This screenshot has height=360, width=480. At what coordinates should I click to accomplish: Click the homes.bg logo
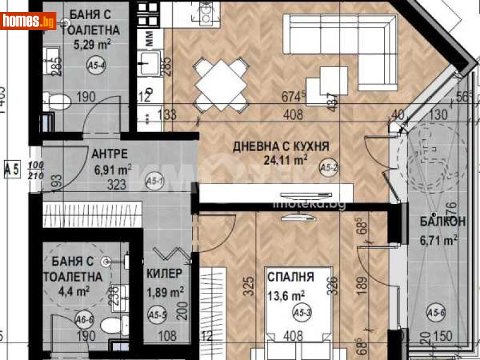pos(29,22)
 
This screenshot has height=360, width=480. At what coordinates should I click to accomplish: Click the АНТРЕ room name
pos(108,153)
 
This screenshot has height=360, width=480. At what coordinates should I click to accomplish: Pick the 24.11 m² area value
pos(286,160)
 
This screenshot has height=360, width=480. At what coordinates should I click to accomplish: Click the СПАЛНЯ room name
pos(291,278)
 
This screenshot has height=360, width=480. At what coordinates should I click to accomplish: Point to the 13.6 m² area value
pos(289,294)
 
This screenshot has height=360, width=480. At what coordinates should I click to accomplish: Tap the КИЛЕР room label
pos(164,274)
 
